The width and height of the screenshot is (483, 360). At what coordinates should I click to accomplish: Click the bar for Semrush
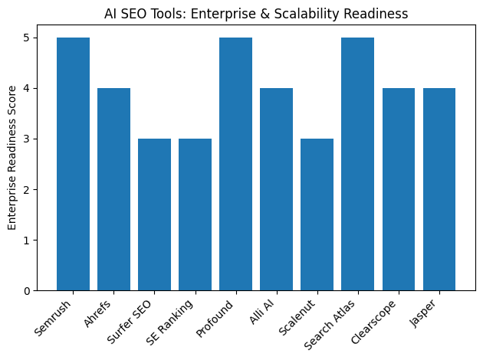click(x=73, y=164)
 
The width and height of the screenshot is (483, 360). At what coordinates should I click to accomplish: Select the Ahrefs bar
click(x=113, y=189)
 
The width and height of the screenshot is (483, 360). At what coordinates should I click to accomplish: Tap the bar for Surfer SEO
click(x=154, y=214)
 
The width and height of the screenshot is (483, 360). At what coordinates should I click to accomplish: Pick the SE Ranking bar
click(x=195, y=214)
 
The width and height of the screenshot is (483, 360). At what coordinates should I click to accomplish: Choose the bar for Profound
click(x=235, y=164)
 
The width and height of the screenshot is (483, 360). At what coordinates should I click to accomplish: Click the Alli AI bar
click(x=276, y=189)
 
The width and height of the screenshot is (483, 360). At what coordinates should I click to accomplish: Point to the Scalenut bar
click(x=317, y=214)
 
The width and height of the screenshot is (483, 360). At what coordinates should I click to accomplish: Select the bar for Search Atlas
click(x=357, y=164)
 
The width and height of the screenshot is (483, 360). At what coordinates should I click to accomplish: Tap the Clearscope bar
click(x=398, y=189)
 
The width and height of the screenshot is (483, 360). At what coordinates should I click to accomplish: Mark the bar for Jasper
click(x=439, y=189)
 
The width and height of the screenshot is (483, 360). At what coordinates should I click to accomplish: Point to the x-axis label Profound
click(x=217, y=315)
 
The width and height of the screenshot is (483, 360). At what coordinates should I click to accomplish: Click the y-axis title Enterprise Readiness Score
click(x=12, y=164)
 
